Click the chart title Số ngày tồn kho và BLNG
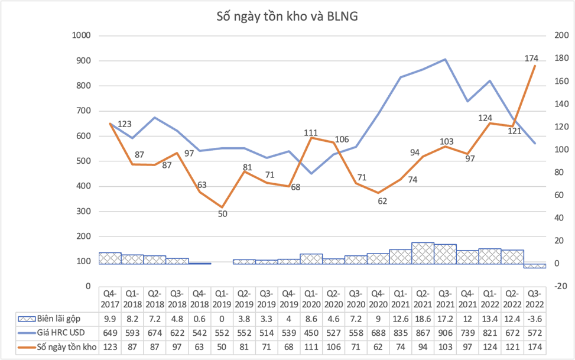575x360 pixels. click(x=287, y=16)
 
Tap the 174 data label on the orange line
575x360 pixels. click(x=531, y=59)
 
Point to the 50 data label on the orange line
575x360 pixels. click(x=222, y=213)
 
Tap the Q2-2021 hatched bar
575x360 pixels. click(x=423, y=253)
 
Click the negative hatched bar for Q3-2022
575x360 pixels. click(x=534, y=266)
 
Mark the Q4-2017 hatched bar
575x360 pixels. click(x=109, y=258)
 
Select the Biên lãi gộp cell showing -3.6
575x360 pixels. click(x=534, y=319)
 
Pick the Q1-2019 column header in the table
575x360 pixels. click(x=222, y=299)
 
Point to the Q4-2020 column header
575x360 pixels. click(x=378, y=299)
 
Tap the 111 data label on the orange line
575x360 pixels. click(x=311, y=133)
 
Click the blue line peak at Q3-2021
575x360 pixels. click(x=445, y=59)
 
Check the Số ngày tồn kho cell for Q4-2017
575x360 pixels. click(x=109, y=347)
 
